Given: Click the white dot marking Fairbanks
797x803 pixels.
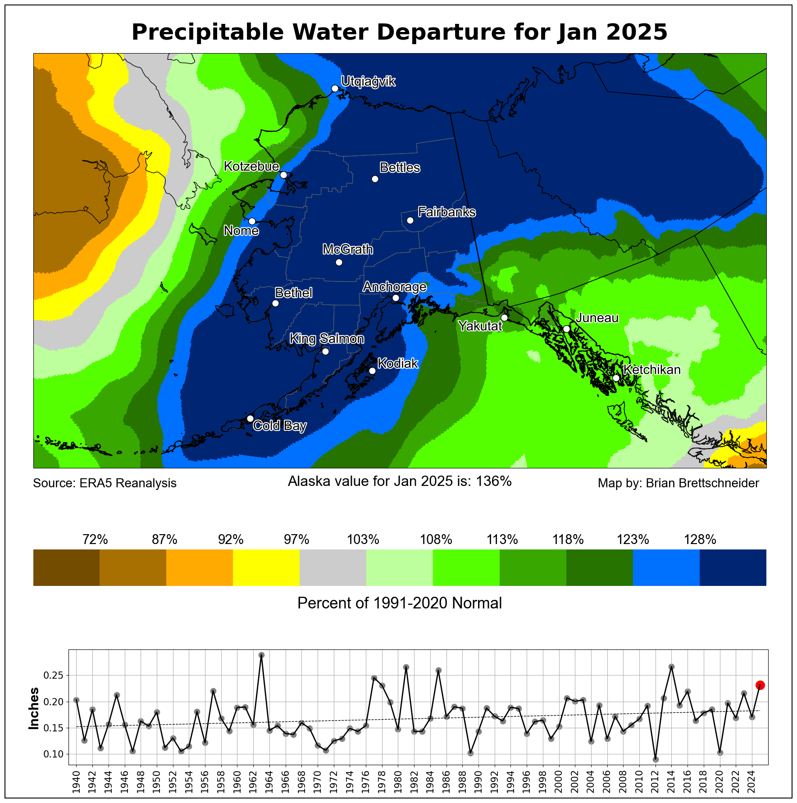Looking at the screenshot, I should click(410, 220).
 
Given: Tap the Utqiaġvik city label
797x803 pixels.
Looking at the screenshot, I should click(368, 82).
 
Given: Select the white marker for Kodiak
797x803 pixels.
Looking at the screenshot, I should click(372, 371).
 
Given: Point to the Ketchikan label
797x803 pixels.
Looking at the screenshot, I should click(651, 370).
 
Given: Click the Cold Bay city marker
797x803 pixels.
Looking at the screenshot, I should click(250, 418).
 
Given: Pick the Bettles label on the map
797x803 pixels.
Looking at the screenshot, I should click(400, 168).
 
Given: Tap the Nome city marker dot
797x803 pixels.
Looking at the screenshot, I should click(252, 221).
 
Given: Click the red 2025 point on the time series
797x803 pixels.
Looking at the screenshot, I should click(760, 685).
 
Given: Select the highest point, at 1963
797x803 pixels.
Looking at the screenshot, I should click(261, 655).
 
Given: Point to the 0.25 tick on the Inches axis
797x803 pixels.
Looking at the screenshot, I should click(53, 676).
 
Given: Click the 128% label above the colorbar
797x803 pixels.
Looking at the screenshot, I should click(700, 540).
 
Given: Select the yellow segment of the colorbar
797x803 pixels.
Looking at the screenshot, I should click(266, 567).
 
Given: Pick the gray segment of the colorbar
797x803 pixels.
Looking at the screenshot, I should click(333, 567).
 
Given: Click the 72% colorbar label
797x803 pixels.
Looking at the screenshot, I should click(95, 540).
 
